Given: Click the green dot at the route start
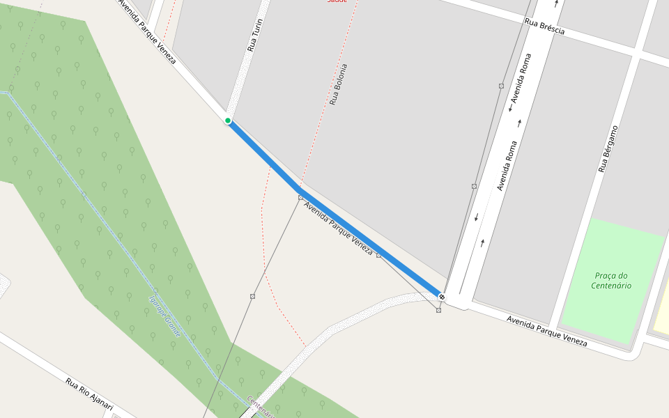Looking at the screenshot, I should [x=228, y=121].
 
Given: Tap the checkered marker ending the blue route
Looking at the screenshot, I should [x=442, y=297].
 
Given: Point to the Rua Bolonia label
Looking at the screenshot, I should [x=338, y=84].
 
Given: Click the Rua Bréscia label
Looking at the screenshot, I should [x=544, y=28].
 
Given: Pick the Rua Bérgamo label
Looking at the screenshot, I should [x=608, y=149].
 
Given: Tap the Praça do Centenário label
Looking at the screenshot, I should [x=611, y=280].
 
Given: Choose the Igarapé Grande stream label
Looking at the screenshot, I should [x=165, y=317].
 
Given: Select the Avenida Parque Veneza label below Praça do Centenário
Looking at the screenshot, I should [x=546, y=331].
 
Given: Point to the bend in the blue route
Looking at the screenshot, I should [x=300, y=189].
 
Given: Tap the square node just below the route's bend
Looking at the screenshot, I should [x=300, y=198].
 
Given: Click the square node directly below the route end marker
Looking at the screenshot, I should [x=438, y=310].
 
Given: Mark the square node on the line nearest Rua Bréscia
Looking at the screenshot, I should [x=501, y=86].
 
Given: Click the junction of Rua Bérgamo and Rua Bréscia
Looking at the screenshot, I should [x=637, y=51].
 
